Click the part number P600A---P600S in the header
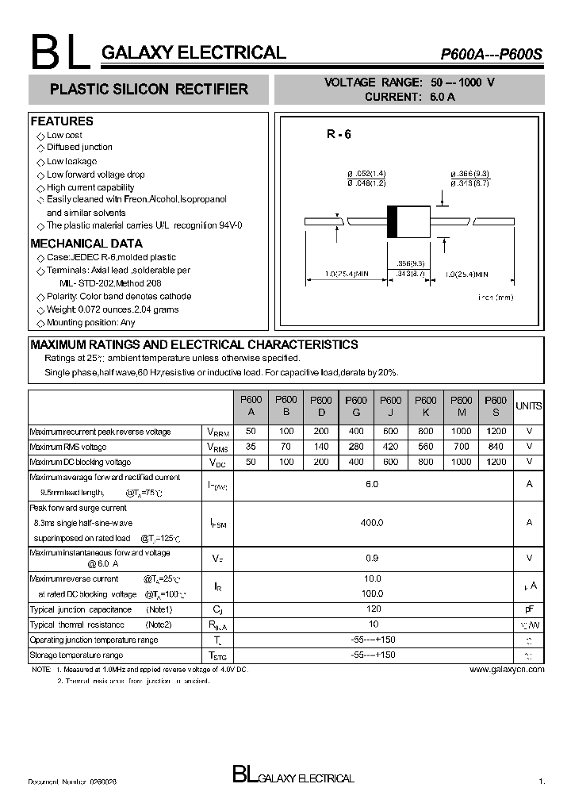pyautogui.click(x=491, y=55)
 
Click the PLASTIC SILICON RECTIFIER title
pyautogui.click(x=149, y=90)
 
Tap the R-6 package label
pyautogui.click(x=338, y=135)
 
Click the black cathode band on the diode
pyautogui.click(x=392, y=221)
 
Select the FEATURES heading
pyautogui.click(x=62, y=121)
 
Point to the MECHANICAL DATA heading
pyautogui.click(x=86, y=244)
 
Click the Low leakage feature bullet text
pyautogui.click(x=71, y=161)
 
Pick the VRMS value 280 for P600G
pyautogui.click(x=356, y=447)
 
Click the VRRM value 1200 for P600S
pyautogui.click(x=496, y=432)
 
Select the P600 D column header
pyautogui.click(x=320, y=406)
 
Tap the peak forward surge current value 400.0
pyautogui.click(x=372, y=523)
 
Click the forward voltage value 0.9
pyautogui.click(x=372, y=558)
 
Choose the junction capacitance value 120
pyautogui.click(x=372, y=609)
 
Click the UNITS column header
pyautogui.click(x=529, y=406)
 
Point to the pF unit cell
pyautogui.click(x=529, y=609)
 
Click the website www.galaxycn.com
pyautogui.click(x=507, y=670)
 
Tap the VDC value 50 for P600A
pyautogui.click(x=251, y=462)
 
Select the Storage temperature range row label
pyautogui.click(x=76, y=655)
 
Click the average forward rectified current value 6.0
pyautogui.click(x=372, y=484)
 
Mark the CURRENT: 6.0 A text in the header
pyautogui.click(x=409, y=97)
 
